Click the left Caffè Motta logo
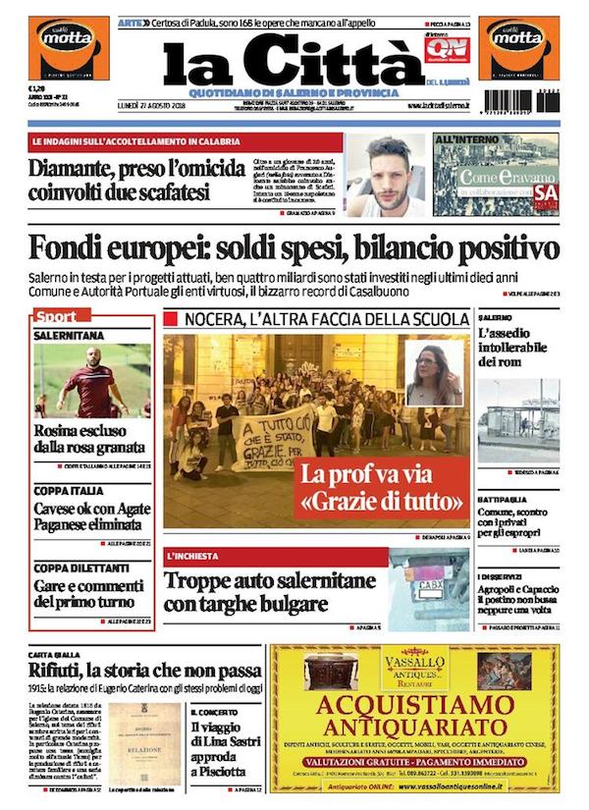[x=68, y=45]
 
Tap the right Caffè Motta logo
[x=518, y=45]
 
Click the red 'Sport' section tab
[x=56, y=317]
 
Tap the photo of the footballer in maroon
[x=92, y=379]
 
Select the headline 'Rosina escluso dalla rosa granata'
[x=91, y=439]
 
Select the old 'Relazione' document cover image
[x=143, y=744]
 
